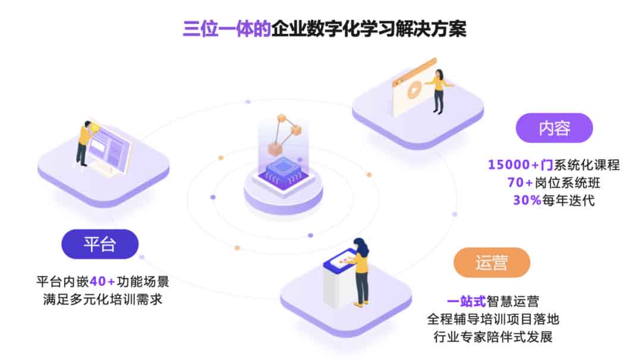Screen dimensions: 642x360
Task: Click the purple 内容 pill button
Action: pyautogui.click(x=554, y=128)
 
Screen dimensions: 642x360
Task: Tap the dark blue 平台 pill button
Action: pyautogui.click(x=100, y=244)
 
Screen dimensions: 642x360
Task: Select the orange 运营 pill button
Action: pyautogui.click(x=492, y=262)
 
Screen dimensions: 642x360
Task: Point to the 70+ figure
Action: pyautogui.click(x=520, y=182)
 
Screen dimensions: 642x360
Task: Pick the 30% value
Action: pyautogui.click(x=527, y=200)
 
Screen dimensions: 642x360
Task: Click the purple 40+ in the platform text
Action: pyautogui.click(x=102, y=282)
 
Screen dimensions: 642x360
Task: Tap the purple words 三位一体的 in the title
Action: pyautogui.click(x=227, y=29)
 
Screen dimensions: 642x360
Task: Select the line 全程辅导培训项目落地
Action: pyautogui.click(x=493, y=319)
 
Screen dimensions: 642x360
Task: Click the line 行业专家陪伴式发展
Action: pyautogui.click(x=493, y=337)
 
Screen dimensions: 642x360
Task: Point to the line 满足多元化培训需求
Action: pyautogui.click(x=103, y=299)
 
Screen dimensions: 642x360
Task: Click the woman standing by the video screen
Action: pyautogui.click(x=439, y=91)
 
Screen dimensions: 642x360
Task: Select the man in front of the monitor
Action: pyautogui.click(x=85, y=143)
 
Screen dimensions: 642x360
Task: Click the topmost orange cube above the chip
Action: pyautogui.click(x=282, y=118)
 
